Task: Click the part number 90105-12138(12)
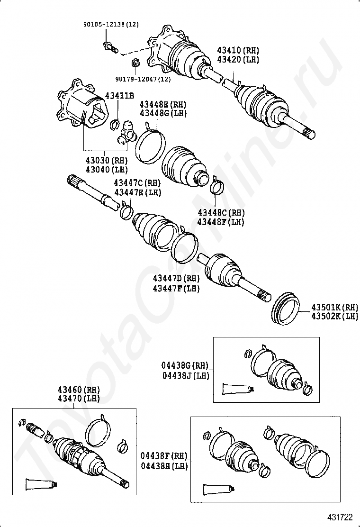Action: coord(108,24)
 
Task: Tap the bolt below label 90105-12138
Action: coord(108,46)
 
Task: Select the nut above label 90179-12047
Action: coord(135,62)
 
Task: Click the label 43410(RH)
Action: coord(238,50)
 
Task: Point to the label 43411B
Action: coord(119,96)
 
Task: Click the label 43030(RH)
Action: coord(100,161)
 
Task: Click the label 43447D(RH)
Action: coord(176,279)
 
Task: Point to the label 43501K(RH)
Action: coord(334,307)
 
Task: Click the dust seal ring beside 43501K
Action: coord(286,309)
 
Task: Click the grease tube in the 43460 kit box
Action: coord(40,484)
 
